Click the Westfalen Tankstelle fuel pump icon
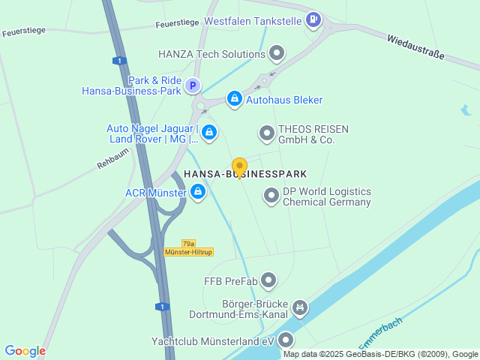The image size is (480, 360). [314, 20]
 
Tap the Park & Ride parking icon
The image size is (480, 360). [193, 86]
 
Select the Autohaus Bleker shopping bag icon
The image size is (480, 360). [235, 99]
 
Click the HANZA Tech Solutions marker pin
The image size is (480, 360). [277, 53]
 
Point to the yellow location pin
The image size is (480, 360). [239, 167]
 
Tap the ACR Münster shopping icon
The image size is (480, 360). [198, 193]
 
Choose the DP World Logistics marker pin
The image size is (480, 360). [271, 196]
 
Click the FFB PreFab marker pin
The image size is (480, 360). [268, 281]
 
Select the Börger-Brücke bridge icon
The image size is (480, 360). [300, 307]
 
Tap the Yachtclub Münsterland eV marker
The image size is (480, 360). [286, 340]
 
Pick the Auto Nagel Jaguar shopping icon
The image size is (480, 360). [208, 133]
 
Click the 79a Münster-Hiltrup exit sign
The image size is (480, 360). [187, 247]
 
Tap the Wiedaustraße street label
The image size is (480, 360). [416, 46]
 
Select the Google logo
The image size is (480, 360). [25, 350]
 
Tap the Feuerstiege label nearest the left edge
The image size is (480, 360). [25, 33]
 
